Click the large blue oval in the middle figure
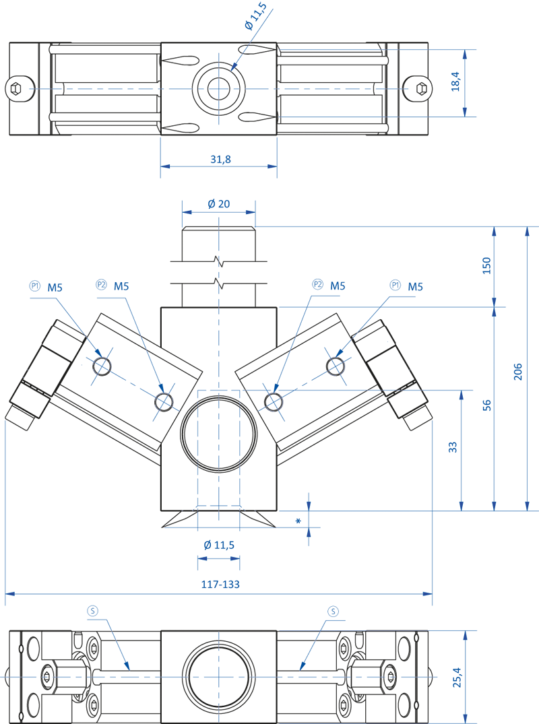coord(218,429)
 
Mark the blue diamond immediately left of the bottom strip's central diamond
coord(173,676)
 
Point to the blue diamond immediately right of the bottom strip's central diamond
coord(265,676)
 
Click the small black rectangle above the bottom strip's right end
coord(397,621)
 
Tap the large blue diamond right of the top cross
coord(259,89)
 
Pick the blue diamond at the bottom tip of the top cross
coord(218,122)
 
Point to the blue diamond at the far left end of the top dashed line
coord(29,88)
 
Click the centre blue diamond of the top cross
coord(218,88)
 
